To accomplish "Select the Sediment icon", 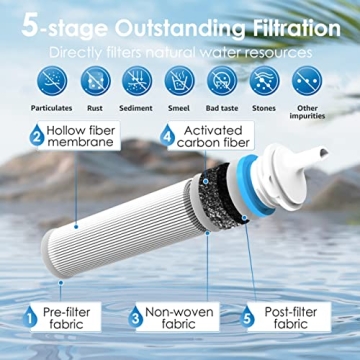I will (x=137, y=77).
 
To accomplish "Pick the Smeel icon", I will (x=180, y=77).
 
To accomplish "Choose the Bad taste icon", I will (x=222, y=77).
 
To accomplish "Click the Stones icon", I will (x=264, y=77).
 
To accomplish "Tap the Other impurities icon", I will (x=307, y=77).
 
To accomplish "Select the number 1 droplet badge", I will (x=33, y=322).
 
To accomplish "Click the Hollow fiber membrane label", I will (x=84, y=138).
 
